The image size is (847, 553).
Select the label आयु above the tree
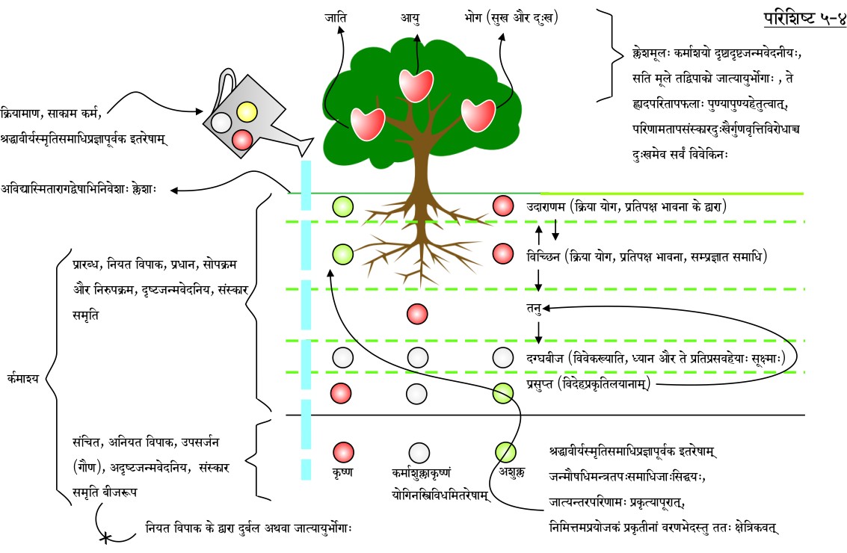[x=409, y=17]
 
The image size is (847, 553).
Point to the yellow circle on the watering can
[x=247, y=112]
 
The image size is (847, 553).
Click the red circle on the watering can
[x=241, y=140]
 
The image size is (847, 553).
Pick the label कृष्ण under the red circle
[x=343, y=472]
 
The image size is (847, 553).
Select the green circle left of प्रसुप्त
[x=505, y=392]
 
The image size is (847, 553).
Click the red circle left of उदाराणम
[x=503, y=206]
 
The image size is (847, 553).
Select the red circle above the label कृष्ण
[x=343, y=451]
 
